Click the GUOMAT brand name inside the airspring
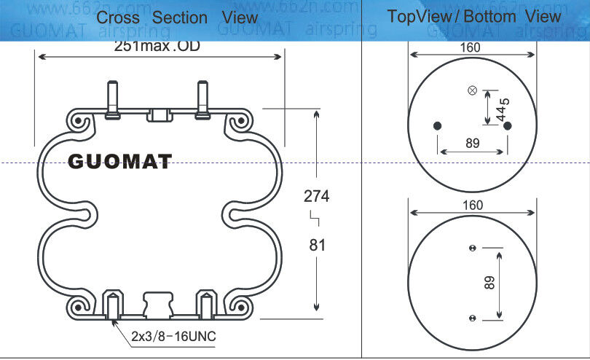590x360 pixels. click(x=119, y=161)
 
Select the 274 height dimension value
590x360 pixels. click(x=316, y=196)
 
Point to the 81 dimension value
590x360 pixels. click(x=317, y=245)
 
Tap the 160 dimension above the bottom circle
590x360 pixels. click(x=472, y=206)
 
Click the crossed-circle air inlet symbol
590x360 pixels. click(x=472, y=90)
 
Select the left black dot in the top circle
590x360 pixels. click(x=437, y=126)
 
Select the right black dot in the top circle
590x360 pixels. click(x=508, y=126)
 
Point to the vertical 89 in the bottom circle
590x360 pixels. click(x=489, y=283)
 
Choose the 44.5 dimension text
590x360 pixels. click(x=501, y=109)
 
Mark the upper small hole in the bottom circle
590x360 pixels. click(x=472, y=248)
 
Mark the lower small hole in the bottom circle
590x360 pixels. click(x=472, y=318)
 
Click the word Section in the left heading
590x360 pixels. click(x=181, y=17)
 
